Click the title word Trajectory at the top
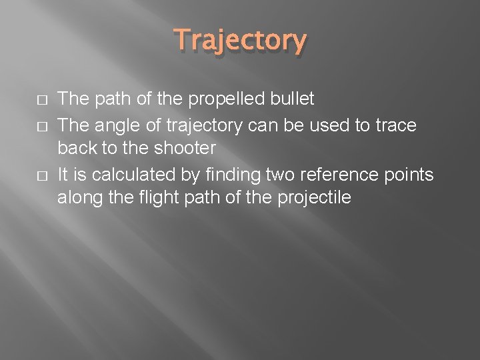click(241, 40)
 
